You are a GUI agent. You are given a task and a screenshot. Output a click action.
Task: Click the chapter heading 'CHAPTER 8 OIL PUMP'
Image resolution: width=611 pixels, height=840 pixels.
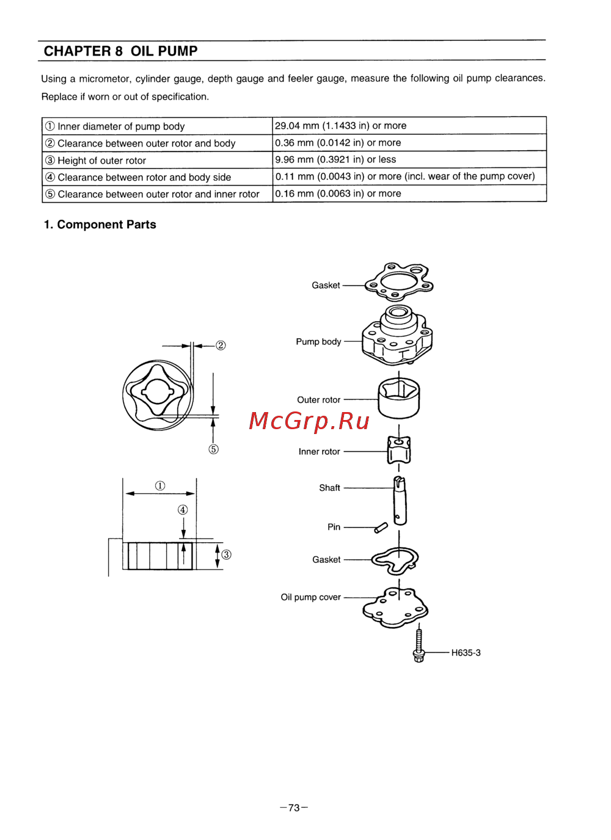point(120,51)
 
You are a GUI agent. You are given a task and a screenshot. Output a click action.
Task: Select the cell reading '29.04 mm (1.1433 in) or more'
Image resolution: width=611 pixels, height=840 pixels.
point(409,126)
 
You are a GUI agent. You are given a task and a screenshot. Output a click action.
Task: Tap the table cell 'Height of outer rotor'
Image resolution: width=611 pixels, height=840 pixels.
point(157,160)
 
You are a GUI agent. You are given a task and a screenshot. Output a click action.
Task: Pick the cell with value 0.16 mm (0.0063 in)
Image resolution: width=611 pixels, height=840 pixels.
point(409,194)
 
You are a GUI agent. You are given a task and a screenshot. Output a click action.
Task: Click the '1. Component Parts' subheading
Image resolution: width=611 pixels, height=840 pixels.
point(100,224)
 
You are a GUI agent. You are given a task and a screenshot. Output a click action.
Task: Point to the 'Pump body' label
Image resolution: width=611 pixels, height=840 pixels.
point(318,342)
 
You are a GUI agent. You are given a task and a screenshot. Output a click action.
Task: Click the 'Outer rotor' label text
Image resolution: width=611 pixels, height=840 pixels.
point(318,400)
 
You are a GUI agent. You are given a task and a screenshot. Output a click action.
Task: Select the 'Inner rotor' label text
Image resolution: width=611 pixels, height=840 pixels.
point(319,452)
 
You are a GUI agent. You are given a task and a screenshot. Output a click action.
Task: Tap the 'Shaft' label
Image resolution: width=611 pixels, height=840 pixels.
point(329,488)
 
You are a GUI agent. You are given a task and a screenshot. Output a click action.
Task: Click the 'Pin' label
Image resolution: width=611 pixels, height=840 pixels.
point(334,527)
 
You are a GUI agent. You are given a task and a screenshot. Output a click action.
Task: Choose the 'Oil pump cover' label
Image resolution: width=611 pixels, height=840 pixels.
point(310,597)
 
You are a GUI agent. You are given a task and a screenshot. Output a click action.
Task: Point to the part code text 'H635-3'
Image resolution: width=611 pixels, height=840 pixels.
point(466,653)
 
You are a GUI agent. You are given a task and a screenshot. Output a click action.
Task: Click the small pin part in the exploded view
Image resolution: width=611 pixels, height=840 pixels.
point(381,527)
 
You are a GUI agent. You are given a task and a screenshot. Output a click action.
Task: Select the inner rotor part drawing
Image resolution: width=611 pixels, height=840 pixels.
point(398,450)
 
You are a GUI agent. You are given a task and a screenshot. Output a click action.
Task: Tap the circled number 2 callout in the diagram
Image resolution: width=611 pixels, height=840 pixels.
point(221,346)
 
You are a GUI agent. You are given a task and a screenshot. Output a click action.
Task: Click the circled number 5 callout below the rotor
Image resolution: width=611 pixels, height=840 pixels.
point(214,449)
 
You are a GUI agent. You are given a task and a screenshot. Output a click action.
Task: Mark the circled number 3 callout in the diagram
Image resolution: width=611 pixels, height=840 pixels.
point(226,554)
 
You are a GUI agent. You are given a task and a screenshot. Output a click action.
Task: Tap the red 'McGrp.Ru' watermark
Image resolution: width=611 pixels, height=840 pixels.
point(309,421)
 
